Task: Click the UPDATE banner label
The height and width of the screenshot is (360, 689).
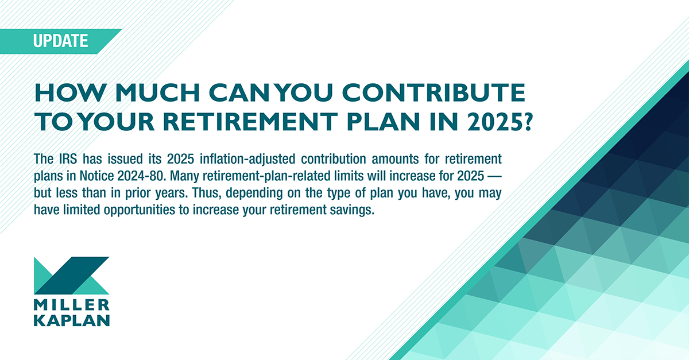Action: [60, 41]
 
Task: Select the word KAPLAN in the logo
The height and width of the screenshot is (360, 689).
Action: [71, 320]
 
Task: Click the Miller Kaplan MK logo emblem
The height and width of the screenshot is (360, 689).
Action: [71, 275]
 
